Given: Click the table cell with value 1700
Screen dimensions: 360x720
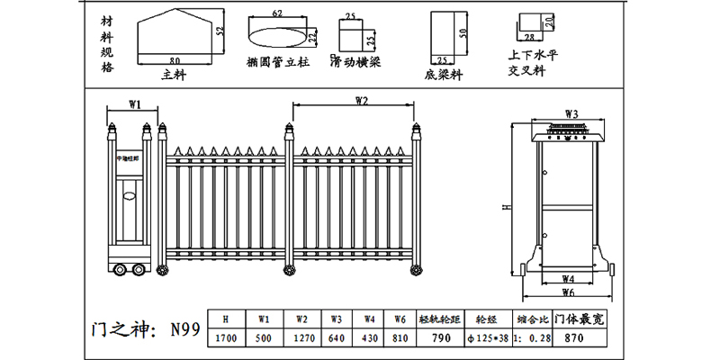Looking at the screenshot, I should point(226,337).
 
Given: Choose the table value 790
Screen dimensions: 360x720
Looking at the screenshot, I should point(442,337).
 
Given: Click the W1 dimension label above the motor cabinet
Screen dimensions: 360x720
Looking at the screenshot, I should point(135,105).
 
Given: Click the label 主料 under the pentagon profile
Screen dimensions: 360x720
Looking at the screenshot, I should point(173,76).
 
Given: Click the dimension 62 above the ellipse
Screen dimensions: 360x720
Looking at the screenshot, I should point(276,13).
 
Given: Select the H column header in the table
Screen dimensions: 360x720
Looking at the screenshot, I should point(226,318).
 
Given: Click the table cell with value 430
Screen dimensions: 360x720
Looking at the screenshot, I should point(369,337).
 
